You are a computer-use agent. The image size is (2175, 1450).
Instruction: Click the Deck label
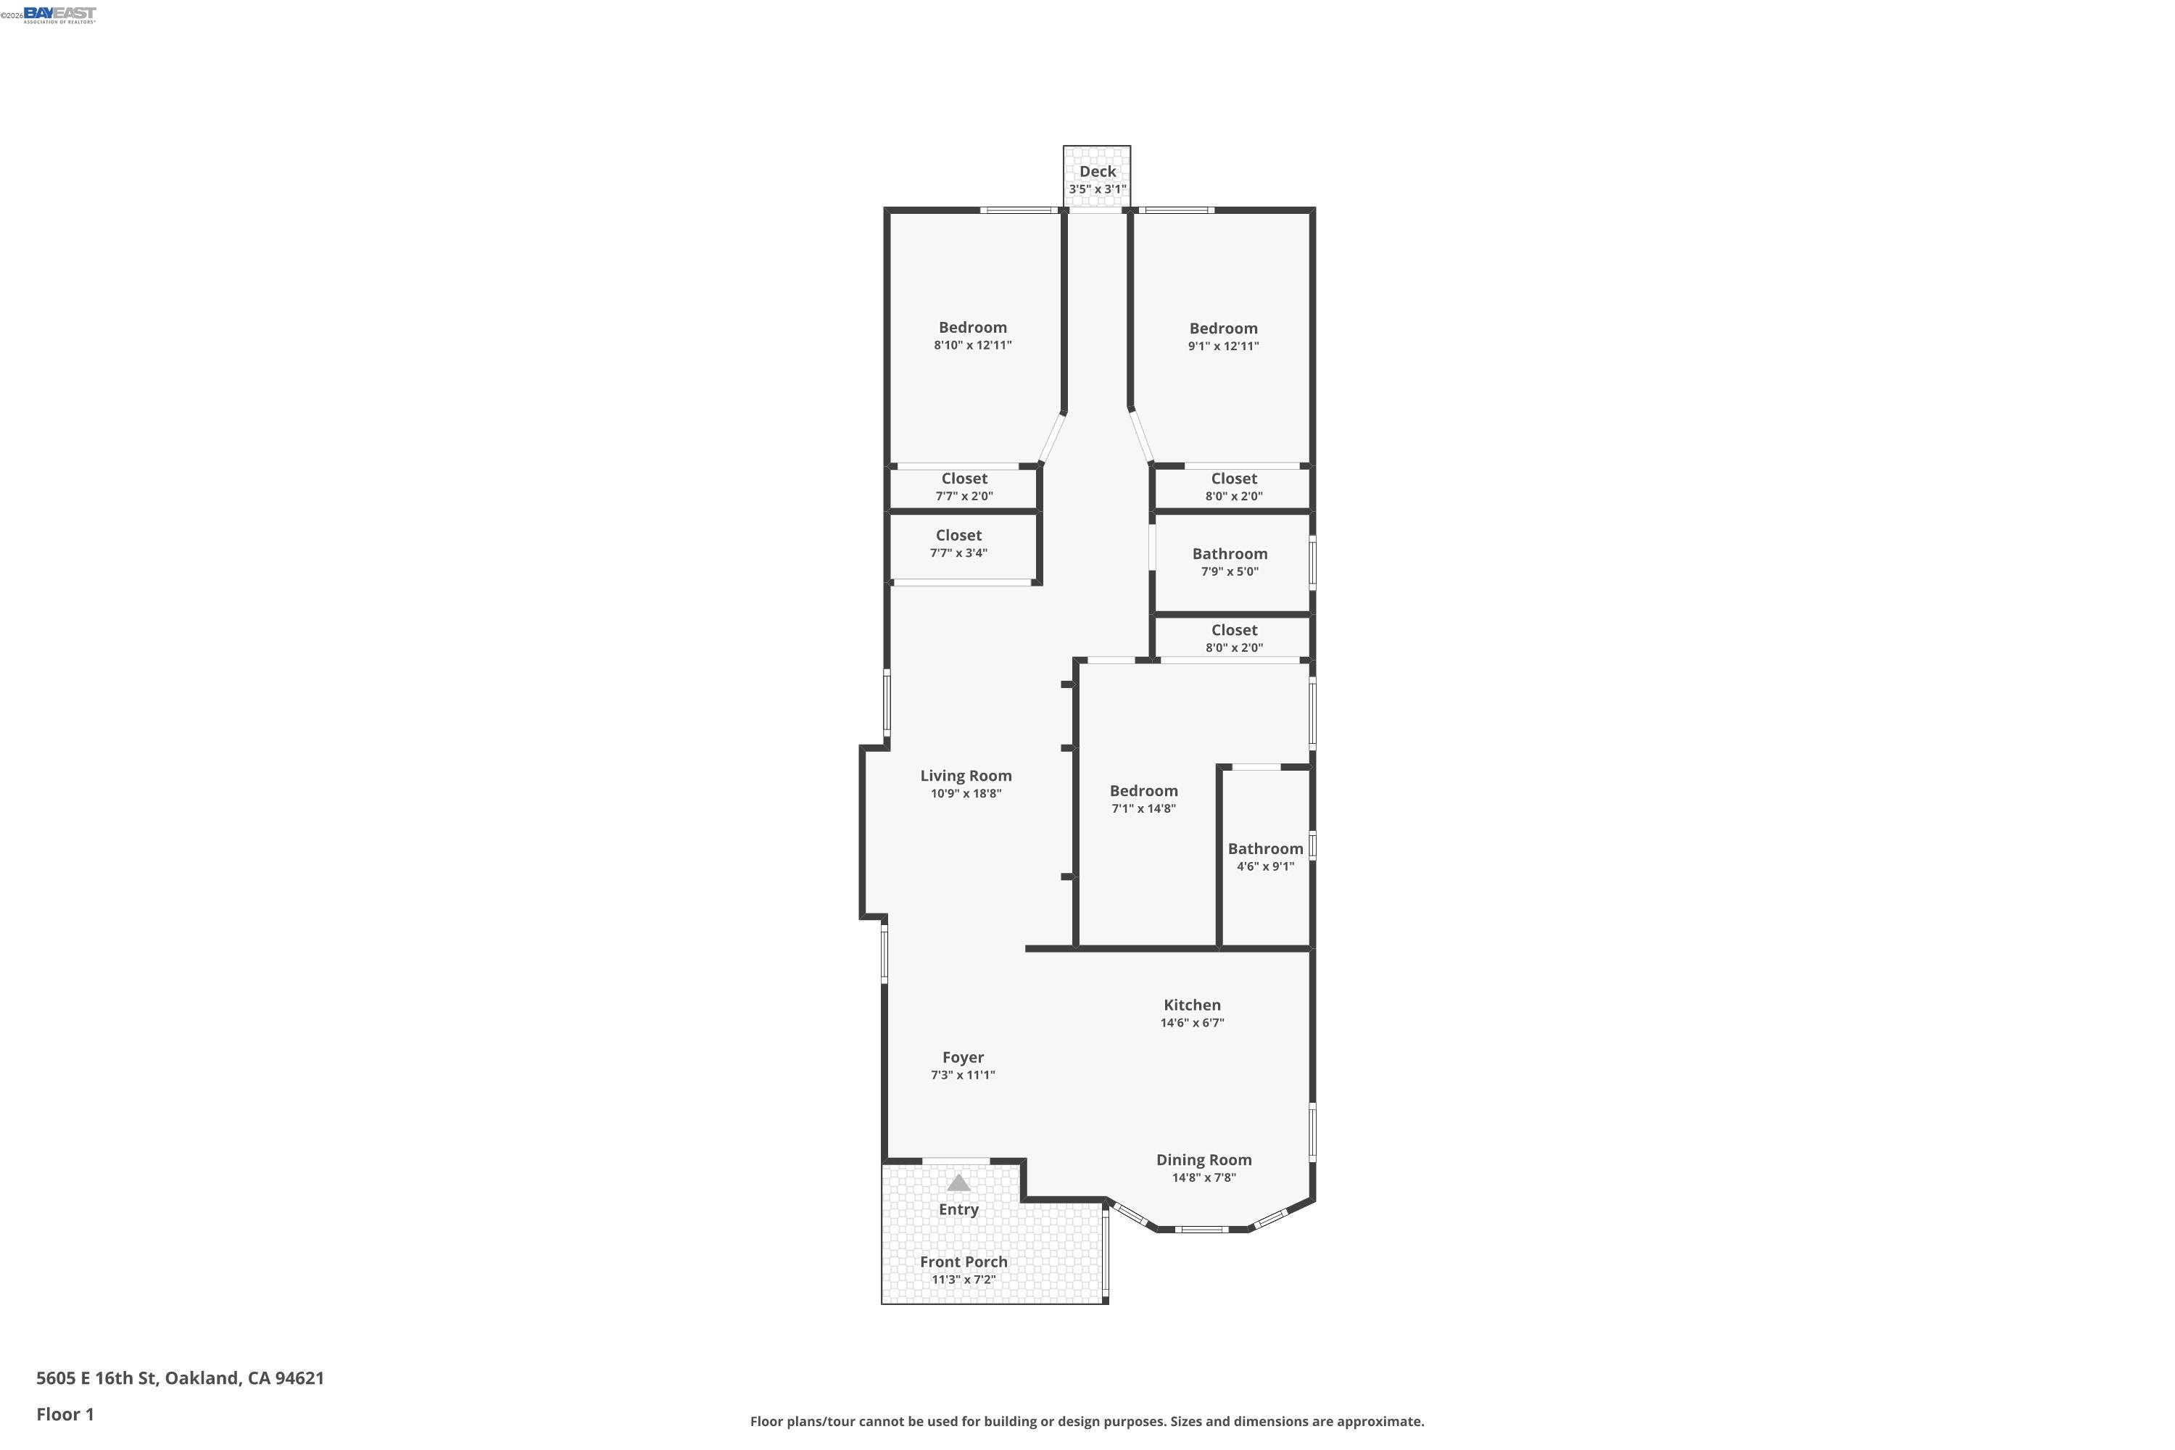point(1097,171)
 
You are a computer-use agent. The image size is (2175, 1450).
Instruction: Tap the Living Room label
point(966,776)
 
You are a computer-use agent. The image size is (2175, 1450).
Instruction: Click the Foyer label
point(963,1057)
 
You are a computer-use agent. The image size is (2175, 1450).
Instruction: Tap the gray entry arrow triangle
point(958,1182)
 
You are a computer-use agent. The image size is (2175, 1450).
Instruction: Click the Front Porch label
point(964,1261)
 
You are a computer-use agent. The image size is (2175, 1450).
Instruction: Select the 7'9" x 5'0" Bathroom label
point(1229,554)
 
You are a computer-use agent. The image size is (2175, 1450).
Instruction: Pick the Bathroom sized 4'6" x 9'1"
point(1265,849)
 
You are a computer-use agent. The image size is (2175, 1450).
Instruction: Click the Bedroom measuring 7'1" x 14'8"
point(1143,791)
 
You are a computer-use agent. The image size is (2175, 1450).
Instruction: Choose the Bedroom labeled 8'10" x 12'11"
point(972,328)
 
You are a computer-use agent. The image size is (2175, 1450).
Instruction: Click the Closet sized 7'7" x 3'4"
point(958,536)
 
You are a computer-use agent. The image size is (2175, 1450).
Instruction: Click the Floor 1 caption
point(65,1414)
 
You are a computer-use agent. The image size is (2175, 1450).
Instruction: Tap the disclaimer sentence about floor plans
point(1087,1421)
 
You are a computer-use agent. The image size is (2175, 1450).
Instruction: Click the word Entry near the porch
point(958,1209)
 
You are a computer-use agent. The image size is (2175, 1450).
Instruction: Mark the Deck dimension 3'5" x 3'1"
point(1097,189)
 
